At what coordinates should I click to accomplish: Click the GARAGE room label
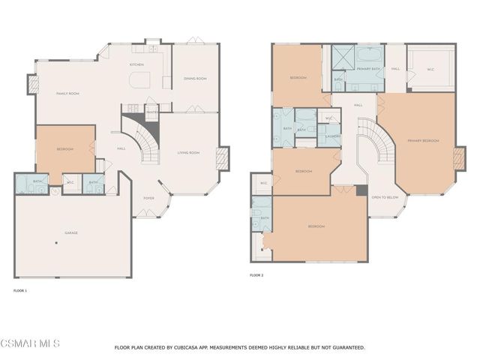[72, 232]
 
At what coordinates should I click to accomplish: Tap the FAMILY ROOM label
[68, 94]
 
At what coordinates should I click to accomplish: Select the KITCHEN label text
[136, 65]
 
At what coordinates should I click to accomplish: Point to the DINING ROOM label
[195, 78]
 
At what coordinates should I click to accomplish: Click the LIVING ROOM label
[188, 153]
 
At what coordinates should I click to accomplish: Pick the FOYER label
[148, 198]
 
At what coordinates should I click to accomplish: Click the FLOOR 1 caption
[20, 290]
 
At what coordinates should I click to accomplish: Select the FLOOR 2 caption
[256, 275]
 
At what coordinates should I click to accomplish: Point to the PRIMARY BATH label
[370, 69]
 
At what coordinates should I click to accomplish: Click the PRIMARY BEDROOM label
[424, 140]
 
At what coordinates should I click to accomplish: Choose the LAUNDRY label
[330, 136]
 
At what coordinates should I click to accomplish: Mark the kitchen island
[140, 79]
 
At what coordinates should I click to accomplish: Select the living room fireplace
[223, 158]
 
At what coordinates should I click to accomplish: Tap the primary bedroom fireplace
[459, 157]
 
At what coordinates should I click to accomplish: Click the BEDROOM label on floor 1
[65, 149]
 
